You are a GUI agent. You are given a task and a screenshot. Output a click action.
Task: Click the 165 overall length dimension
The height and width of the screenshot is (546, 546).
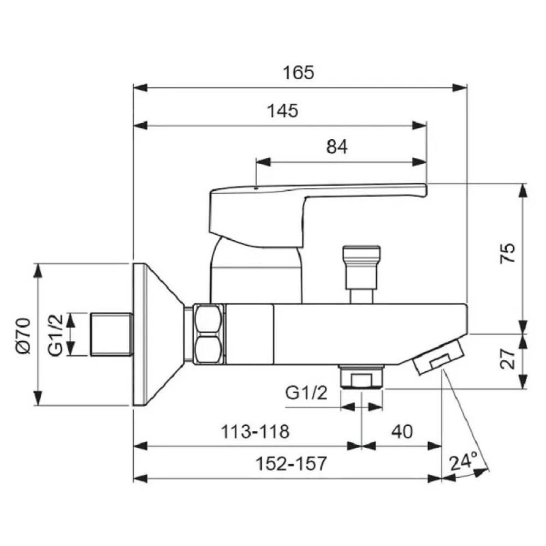299,73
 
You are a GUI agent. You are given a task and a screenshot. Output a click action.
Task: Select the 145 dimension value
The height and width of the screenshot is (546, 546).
282,111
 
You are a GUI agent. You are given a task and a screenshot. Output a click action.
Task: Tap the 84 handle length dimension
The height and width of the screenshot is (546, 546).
337,146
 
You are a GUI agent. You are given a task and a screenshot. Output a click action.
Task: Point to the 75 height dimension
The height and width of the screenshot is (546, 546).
507,253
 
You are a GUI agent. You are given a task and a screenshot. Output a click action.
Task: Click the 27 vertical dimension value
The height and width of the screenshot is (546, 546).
507,358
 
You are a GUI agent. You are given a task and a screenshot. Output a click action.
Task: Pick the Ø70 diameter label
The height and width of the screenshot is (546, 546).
23,336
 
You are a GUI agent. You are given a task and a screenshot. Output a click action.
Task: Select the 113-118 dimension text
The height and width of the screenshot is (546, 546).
255,431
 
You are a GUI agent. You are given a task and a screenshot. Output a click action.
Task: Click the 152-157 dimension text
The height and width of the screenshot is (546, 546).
292,464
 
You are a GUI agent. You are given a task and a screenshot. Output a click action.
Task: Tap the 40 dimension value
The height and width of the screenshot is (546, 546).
402,431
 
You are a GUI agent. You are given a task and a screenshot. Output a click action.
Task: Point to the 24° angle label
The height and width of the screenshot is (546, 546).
464,461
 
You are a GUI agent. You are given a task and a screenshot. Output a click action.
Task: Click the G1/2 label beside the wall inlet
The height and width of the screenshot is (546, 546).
56,335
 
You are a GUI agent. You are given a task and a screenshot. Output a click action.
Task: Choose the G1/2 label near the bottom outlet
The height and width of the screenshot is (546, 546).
306,393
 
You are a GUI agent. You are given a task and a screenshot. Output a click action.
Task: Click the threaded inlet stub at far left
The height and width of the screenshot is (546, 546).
112,335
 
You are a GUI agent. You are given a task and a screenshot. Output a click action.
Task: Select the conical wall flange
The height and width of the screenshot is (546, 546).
158,335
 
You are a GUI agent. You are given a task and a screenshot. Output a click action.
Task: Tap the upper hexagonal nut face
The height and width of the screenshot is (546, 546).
208,319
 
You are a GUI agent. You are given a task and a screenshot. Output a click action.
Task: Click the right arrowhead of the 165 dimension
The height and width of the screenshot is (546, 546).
460,88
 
